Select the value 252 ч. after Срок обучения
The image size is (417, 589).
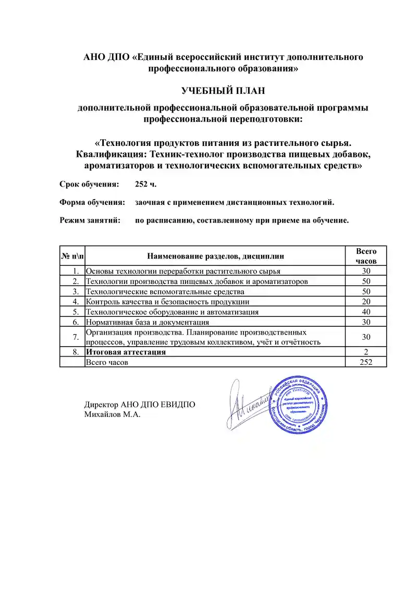click(145, 184)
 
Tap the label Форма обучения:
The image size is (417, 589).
click(92, 202)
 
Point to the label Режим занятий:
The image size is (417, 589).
click(90, 220)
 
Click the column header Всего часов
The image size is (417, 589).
click(366, 256)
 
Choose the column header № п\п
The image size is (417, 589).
click(72, 256)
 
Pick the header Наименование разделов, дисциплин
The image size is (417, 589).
click(216, 256)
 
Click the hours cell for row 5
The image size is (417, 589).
click(366, 312)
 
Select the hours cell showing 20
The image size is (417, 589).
click(366, 301)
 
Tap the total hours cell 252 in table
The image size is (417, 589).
click(366, 362)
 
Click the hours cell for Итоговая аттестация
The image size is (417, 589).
click(366, 352)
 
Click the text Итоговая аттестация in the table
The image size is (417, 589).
click(126, 352)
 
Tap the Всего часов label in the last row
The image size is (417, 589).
click(107, 362)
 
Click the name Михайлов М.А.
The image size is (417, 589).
click(113, 414)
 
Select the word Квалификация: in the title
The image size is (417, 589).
click(111, 154)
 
